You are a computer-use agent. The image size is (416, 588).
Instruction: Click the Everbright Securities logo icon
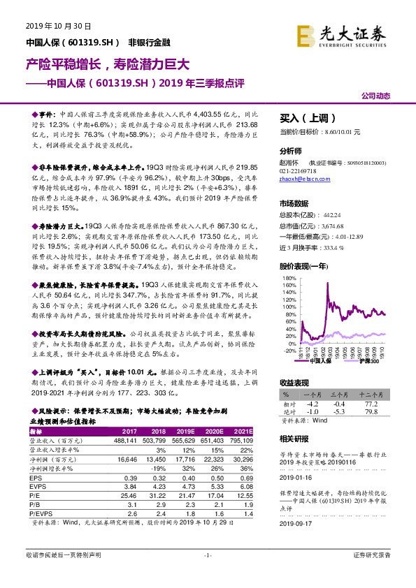point(306,36)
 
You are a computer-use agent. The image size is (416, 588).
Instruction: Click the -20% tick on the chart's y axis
point(289,351)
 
